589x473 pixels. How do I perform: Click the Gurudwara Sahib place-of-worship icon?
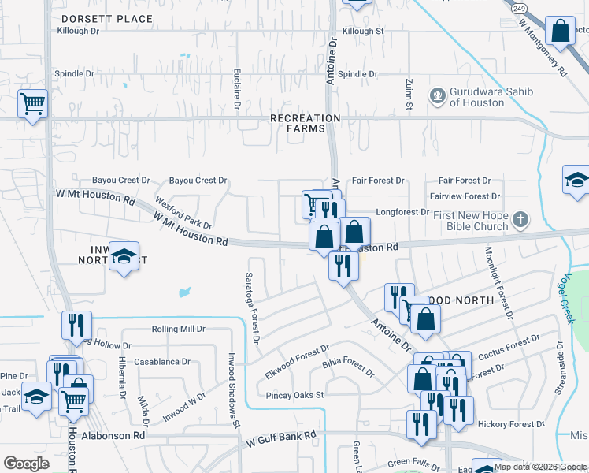437,95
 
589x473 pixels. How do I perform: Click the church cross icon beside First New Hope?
519,220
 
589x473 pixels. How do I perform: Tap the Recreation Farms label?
305,123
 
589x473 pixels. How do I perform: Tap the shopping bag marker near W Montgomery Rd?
560,32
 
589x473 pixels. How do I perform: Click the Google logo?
26,464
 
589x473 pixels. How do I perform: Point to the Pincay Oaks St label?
294,395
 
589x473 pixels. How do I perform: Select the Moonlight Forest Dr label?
498,281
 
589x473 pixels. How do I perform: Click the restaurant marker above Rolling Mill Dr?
76,324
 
